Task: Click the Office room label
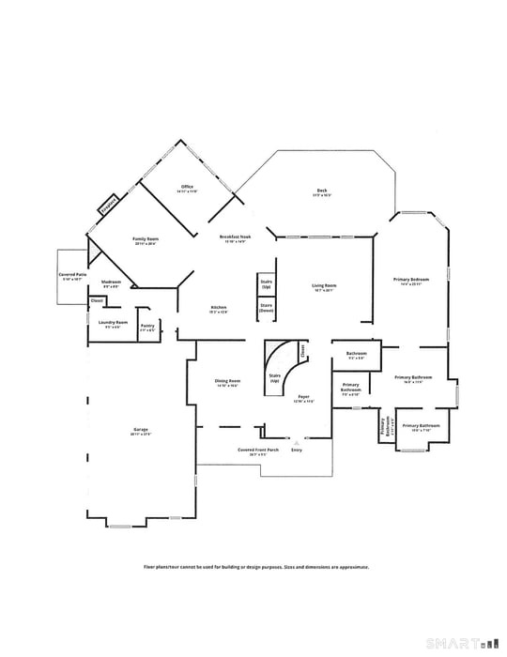[x=187, y=188]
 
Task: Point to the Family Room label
[x=146, y=241]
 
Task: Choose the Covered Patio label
[x=72, y=277]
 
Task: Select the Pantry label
[x=147, y=326]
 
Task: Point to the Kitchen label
[x=219, y=309]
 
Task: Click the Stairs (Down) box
[x=266, y=308]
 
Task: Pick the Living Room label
[x=324, y=287]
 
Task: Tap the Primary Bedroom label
[x=411, y=282]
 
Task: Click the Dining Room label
[x=228, y=383]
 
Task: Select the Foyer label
[x=303, y=398]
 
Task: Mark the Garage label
[x=141, y=433]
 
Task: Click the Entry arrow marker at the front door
[x=297, y=441]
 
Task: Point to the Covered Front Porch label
[x=258, y=451]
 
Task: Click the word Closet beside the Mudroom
[x=97, y=300]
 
